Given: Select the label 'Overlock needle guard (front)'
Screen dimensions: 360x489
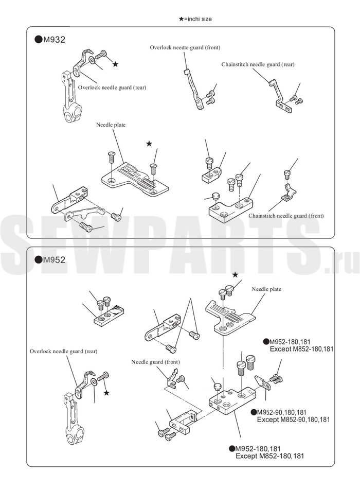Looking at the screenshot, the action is click(x=185, y=47).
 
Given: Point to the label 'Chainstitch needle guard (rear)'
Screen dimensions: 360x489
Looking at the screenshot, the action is click(x=258, y=64).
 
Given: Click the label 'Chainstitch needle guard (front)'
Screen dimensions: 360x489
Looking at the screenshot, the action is click(x=286, y=216).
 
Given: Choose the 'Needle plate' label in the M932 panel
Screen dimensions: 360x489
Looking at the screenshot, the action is click(x=111, y=125).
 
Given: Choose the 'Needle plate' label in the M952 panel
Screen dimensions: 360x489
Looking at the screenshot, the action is click(x=266, y=289).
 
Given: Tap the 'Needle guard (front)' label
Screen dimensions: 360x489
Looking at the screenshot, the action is click(x=155, y=362).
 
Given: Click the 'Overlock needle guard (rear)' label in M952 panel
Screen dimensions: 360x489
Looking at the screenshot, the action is click(x=63, y=351).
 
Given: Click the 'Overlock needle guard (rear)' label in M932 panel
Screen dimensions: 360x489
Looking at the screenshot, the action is click(x=112, y=88).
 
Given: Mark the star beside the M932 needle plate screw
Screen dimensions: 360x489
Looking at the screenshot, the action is click(x=149, y=144).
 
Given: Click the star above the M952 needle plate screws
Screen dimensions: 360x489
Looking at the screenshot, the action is click(x=236, y=275).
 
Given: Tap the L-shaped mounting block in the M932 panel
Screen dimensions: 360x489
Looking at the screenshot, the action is click(x=230, y=209).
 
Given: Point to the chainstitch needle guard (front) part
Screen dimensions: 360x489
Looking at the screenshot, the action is click(x=289, y=192).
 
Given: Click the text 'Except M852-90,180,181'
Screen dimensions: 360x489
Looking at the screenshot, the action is click(x=293, y=420).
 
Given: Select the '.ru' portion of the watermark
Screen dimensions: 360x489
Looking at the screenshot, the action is click(x=342, y=264).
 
